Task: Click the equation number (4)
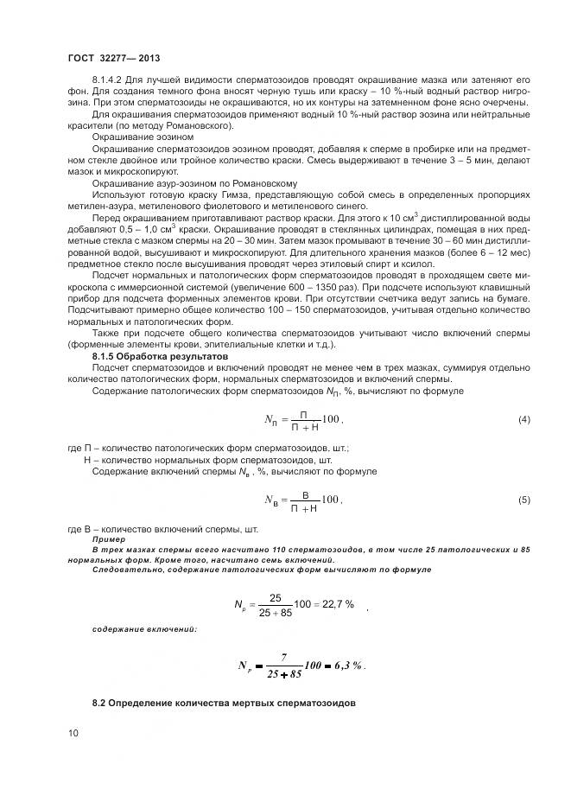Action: tap(523, 420)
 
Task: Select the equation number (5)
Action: tap(523, 500)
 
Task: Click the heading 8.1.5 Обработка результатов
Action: tap(148, 356)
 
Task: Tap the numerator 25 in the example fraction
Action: tap(276, 596)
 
